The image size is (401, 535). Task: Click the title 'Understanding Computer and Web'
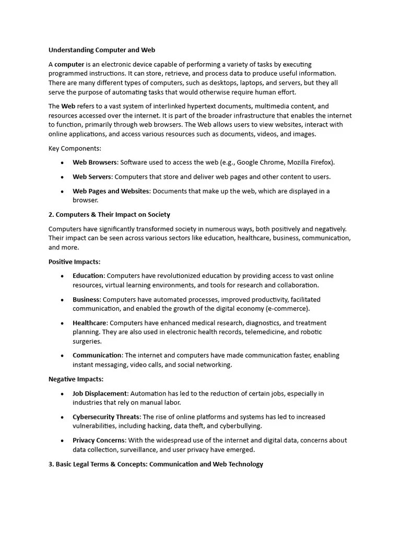pos(102,50)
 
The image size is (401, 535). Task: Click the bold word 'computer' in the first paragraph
pos(69,64)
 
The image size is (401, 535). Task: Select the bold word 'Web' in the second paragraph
pos(68,106)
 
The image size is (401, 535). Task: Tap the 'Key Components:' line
pos(75,148)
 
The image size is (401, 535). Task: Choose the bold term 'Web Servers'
pos(92,177)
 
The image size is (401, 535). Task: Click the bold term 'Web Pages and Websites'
pos(111,191)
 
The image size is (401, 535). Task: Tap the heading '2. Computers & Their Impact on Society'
pos(109,215)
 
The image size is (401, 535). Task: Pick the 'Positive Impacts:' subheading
pos(74,262)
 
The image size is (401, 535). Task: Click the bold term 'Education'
pos(88,276)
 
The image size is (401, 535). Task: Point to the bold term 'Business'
pos(86,300)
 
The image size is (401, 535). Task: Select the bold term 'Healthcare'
pos(89,323)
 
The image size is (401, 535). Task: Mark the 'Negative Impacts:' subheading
pos(76,379)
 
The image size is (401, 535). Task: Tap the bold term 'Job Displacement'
pos(100,393)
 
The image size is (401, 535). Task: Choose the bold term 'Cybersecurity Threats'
pos(106,417)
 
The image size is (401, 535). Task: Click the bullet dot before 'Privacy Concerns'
pos(62,441)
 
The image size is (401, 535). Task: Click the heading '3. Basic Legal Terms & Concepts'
pos(156,464)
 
